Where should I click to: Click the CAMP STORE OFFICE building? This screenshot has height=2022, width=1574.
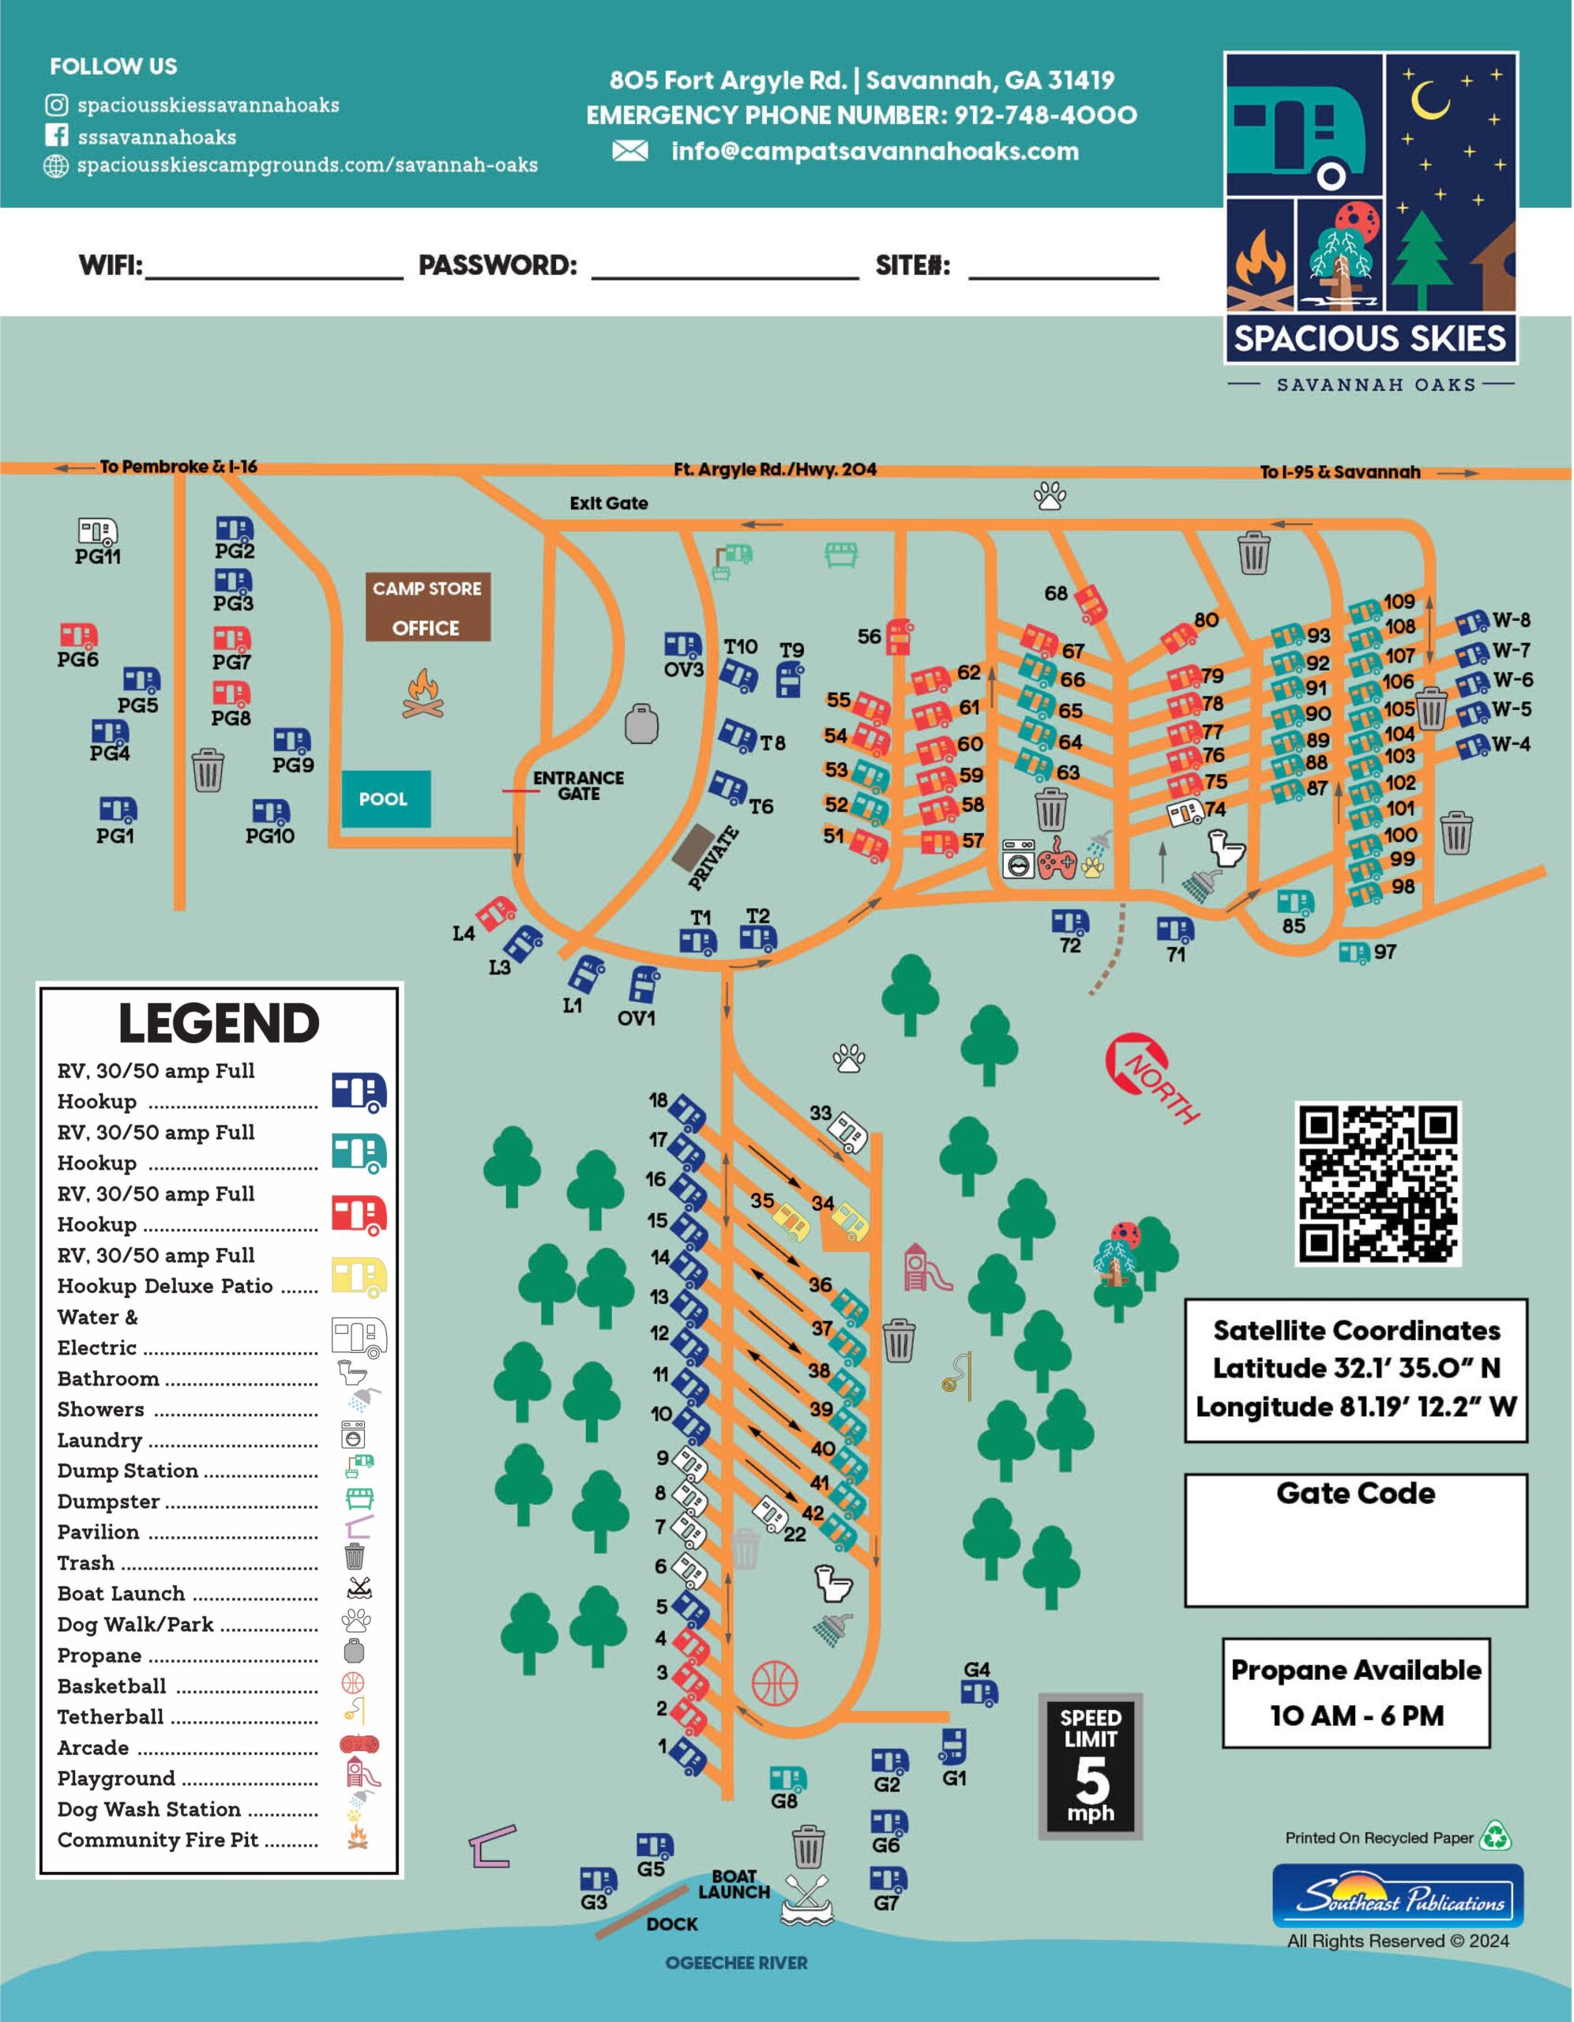(426, 607)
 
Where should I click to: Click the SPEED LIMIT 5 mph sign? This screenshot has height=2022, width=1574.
(1091, 1765)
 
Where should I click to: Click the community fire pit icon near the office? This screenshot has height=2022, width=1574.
(423, 693)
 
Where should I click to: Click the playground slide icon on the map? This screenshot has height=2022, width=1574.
(926, 1268)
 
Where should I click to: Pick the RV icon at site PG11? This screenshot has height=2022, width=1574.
(97, 532)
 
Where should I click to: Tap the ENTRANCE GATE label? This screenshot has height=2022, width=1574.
(578, 785)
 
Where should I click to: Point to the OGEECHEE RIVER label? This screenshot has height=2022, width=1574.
(736, 1963)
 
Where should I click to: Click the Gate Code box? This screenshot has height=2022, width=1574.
(1355, 1540)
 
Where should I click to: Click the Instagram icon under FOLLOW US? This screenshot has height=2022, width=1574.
(57, 106)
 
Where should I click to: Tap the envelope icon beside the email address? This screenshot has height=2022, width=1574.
(629, 151)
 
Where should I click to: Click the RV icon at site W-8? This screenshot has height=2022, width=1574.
(1471, 622)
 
